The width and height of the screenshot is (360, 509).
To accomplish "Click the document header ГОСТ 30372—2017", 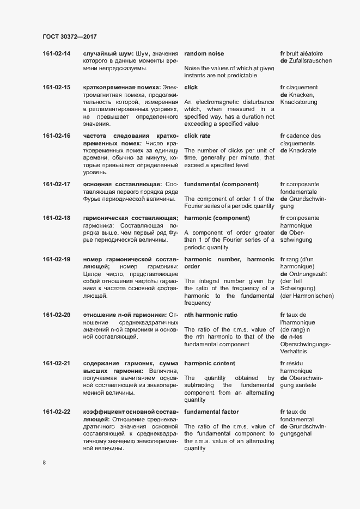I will point(69,37).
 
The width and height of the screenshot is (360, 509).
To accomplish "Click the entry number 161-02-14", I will point(56,54).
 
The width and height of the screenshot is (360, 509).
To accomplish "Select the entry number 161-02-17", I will point(56,185).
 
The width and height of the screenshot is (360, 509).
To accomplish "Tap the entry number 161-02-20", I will point(56,315).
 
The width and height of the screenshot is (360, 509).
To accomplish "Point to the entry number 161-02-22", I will point(56,412).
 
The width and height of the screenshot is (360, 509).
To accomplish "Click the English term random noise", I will point(204,54).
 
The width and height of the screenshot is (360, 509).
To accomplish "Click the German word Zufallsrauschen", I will point(312,61).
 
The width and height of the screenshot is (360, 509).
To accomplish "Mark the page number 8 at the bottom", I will point(44,463).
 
